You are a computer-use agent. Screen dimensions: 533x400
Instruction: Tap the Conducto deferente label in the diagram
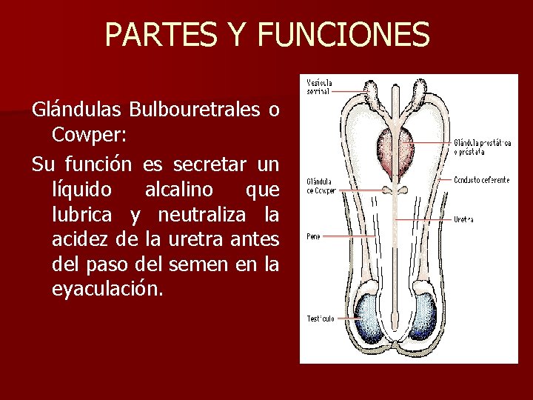481,180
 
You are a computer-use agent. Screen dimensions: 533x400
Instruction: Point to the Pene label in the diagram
313,237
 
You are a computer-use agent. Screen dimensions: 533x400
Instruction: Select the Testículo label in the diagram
321,319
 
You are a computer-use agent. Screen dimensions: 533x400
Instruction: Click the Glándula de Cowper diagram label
321,186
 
